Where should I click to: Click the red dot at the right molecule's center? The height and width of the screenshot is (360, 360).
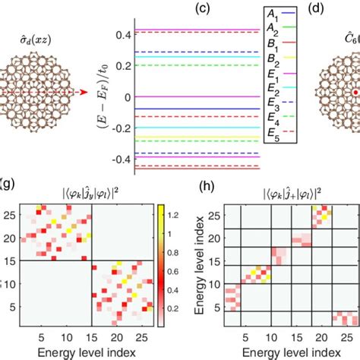pos(354,93)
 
